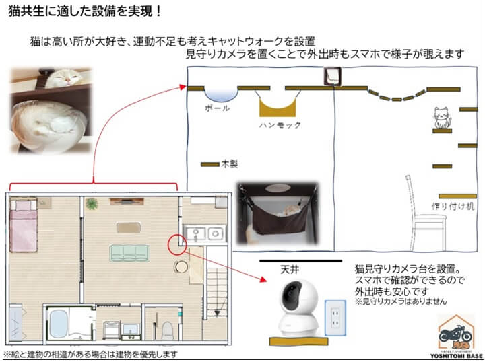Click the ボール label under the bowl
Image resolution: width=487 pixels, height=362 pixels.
[x=218, y=108]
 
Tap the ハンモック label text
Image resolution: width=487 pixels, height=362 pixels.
[x=280, y=125]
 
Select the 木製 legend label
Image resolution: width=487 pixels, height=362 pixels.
[x=230, y=164]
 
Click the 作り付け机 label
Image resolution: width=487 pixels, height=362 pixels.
[x=453, y=206]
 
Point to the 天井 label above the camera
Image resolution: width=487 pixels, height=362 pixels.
[x=290, y=269]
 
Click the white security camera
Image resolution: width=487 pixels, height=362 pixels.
[x=298, y=308]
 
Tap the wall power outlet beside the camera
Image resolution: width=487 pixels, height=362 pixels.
[x=335, y=318]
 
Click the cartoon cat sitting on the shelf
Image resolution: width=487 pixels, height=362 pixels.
[x=442, y=117]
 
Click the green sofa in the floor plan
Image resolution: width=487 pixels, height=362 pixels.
[x=129, y=253]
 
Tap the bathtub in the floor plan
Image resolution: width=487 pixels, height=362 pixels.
[x=59, y=324]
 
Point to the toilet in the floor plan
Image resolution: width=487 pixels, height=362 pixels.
[x=167, y=330]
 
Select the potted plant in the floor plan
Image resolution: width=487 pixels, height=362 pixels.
[x=92, y=204]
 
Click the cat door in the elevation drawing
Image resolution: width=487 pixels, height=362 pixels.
[x=332, y=76]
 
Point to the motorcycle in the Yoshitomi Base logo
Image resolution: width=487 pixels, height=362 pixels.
[x=455, y=334]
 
